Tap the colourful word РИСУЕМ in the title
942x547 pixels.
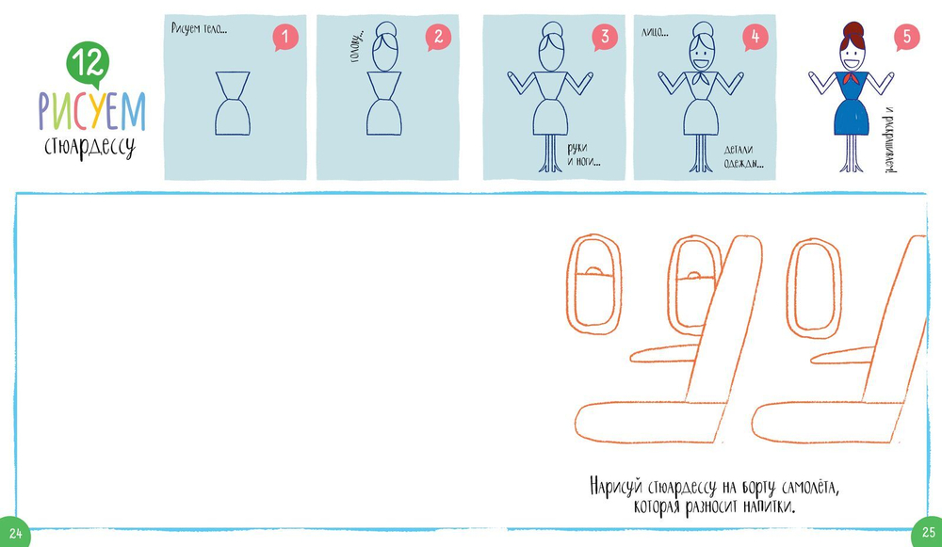tap(92, 112)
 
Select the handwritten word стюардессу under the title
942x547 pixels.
tap(90, 148)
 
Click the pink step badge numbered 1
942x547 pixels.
tap(285, 38)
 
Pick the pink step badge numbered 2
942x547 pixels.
tap(439, 38)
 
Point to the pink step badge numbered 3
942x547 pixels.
tap(605, 38)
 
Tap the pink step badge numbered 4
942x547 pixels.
tap(755, 38)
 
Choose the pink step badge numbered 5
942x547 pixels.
tap(906, 38)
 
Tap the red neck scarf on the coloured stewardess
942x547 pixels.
tap(850, 78)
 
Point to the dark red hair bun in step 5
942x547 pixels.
tap(853, 30)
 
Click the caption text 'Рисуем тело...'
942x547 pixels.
tap(199, 28)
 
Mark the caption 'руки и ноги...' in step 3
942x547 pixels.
tap(583, 155)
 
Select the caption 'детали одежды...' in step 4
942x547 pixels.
tap(743, 156)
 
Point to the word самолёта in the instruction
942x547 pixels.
tap(810, 487)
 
